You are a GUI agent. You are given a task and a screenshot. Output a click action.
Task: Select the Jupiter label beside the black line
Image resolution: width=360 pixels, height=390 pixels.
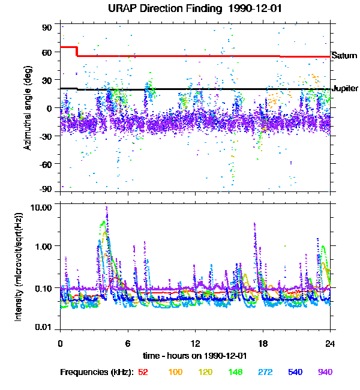pos(345,89)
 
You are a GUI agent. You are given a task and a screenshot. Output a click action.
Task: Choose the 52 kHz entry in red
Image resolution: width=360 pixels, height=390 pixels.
pos(143,373)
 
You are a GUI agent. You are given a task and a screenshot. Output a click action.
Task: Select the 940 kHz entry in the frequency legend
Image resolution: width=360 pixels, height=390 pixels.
pos(325,373)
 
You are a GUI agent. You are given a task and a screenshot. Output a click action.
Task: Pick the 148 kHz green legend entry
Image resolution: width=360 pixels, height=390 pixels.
pos(235,373)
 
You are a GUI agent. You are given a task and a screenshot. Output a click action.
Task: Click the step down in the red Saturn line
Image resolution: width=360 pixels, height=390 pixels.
pos(77,51)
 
